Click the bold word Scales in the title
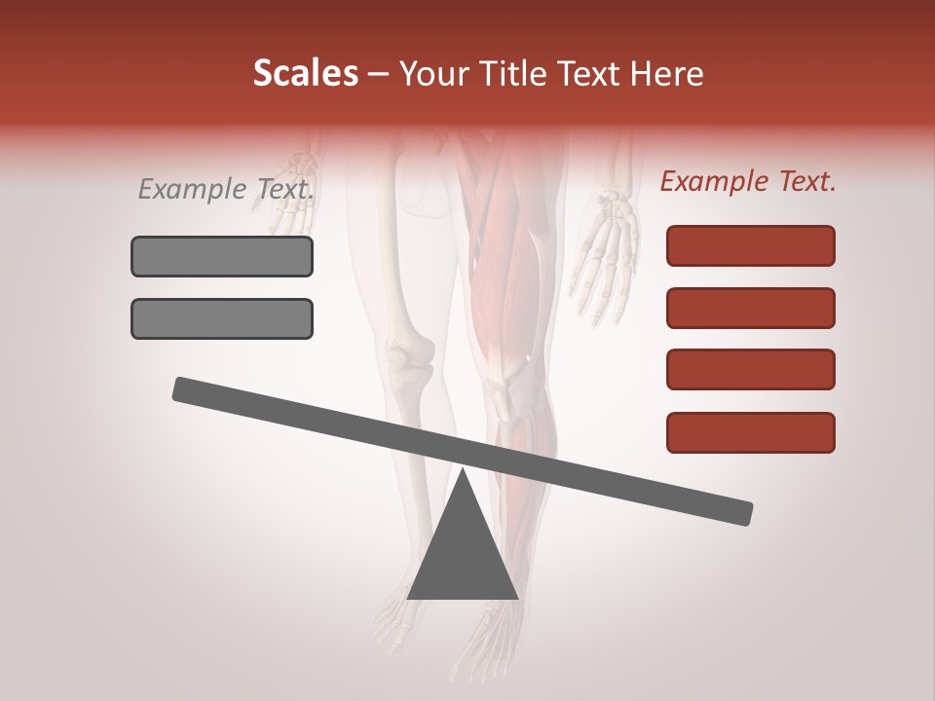tap(305, 73)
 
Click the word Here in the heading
tap(668, 74)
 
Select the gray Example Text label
tap(225, 189)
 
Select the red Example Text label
tap(747, 181)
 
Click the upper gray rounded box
tap(222, 256)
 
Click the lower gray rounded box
tap(222, 318)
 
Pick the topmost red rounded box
tap(750, 245)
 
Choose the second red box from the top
tap(750, 308)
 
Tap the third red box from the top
tap(750, 370)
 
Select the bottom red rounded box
tap(750, 432)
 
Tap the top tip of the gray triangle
tap(463, 471)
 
